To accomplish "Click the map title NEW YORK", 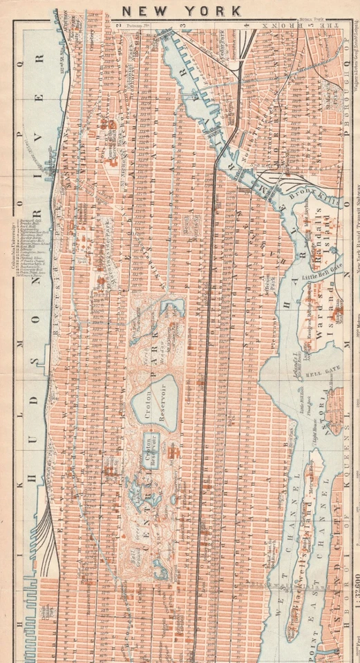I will [182, 10].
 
